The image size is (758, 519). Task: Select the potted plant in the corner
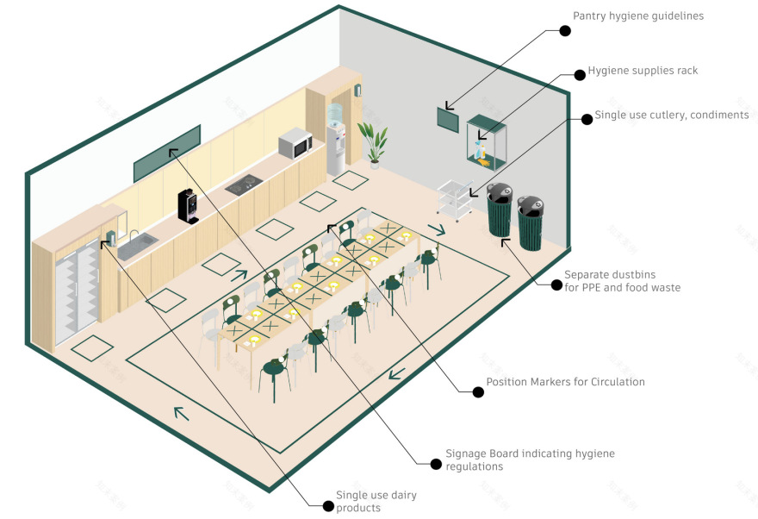coord(374,141)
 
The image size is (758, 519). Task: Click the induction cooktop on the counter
coord(245,184)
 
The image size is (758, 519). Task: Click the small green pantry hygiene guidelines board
coord(449,120)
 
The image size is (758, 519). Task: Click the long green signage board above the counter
coord(167,153)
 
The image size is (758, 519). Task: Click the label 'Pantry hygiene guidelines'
coord(638,16)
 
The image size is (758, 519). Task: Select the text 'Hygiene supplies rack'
coord(643,71)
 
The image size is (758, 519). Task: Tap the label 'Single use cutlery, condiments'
coord(672,115)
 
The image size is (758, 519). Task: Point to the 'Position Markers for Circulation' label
coord(565,381)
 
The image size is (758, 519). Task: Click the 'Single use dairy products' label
coord(370,502)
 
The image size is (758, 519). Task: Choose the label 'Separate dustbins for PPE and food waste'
coord(622,280)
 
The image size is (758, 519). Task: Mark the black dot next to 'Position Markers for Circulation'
coord(478,391)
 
